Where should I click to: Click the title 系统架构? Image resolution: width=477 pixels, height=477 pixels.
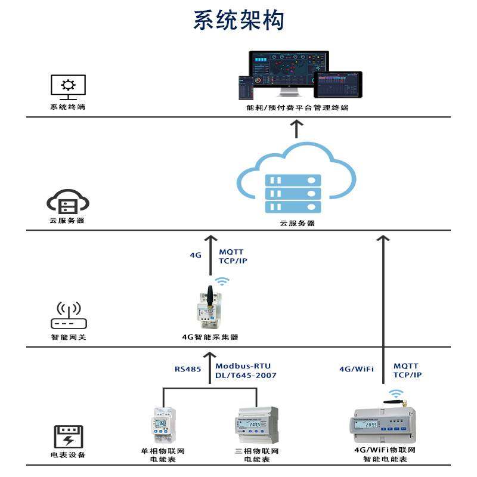(x=238, y=20)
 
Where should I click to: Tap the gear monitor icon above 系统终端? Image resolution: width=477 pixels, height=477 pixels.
(x=68, y=87)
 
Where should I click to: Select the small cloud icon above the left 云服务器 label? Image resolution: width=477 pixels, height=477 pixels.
(x=68, y=202)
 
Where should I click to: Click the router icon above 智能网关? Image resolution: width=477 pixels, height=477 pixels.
(x=68, y=316)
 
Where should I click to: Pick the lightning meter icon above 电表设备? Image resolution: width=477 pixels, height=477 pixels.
(x=68, y=437)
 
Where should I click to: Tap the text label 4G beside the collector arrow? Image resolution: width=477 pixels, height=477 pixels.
(x=196, y=255)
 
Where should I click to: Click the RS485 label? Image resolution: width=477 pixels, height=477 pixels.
(x=188, y=370)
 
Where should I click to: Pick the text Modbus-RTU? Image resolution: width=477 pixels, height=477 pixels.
(x=243, y=366)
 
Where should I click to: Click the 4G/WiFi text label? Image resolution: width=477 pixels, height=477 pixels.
(x=356, y=370)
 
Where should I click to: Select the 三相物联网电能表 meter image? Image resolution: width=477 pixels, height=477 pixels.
(x=257, y=425)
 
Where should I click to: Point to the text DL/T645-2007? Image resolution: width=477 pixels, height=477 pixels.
(x=246, y=376)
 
